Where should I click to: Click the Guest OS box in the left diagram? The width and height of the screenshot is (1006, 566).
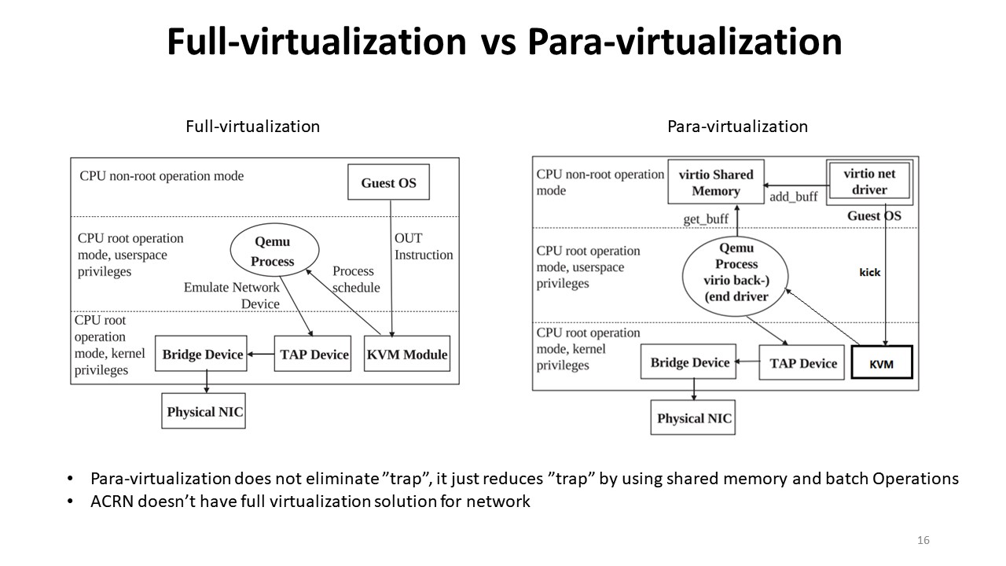coord(388,183)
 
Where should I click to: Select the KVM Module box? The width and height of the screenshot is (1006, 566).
coord(407,355)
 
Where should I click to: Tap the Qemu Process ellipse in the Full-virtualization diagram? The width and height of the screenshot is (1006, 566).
coord(273,252)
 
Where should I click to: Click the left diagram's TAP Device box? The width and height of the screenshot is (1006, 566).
coord(314,355)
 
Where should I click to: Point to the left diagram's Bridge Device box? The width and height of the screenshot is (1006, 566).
coord(203,355)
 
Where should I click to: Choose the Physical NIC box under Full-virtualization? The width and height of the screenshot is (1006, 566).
coord(204,411)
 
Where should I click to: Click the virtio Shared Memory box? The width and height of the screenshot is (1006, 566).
coord(715,182)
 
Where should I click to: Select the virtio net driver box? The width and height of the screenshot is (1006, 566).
coord(869,182)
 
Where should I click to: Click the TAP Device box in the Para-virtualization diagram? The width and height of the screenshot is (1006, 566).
coord(802,362)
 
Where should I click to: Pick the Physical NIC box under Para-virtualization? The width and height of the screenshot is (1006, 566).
coord(693,418)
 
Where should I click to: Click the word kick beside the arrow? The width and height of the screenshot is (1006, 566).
coord(870,272)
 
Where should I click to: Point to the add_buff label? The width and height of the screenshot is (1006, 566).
coord(794,197)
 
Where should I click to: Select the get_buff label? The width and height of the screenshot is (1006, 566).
coord(705,219)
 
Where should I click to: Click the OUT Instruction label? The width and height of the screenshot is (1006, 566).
coord(423,246)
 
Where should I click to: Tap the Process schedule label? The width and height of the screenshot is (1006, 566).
coord(355,279)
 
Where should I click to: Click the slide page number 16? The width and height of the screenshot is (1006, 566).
coord(923,540)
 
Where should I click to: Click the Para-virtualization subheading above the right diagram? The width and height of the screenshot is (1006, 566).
coord(737,126)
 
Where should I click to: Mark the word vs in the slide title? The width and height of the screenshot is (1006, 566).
coord(496,42)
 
